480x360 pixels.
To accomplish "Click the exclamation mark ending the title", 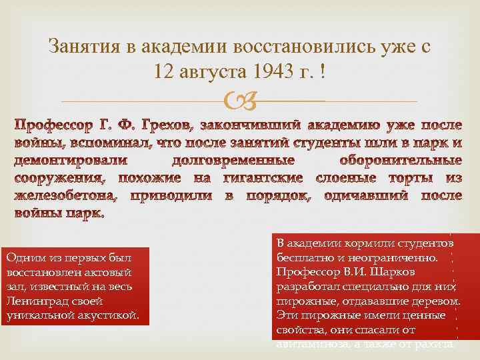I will click(323, 71).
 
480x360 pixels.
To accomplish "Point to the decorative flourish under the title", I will click(239, 101).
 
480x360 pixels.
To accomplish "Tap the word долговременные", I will click(233, 161).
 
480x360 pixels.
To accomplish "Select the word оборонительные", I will click(400, 161).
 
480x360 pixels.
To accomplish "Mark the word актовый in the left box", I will click(108, 273).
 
